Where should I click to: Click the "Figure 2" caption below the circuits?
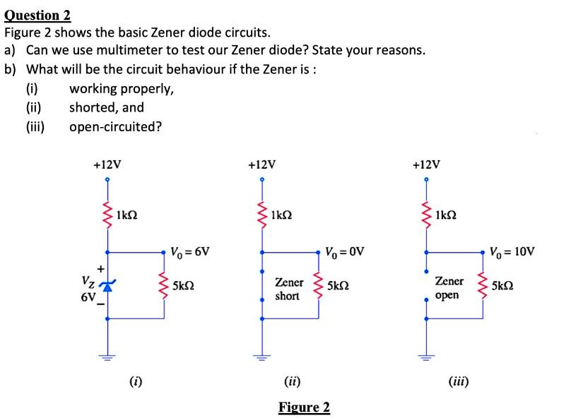pyautogui.click(x=304, y=407)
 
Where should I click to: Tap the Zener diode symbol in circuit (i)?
pyautogui.click(x=107, y=285)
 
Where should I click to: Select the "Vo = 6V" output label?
pyautogui.click(x=189, y=251)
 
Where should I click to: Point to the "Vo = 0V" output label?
pyautogui.click(x=344, y=251)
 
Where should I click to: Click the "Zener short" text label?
pyautogui.click(x=289, y=289)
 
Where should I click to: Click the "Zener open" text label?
pyautogui.click(x=450, y=288)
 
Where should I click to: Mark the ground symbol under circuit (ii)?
pyautogui.click(x=262, y=357)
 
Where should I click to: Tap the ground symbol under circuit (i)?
pyautogui.click(x=107, y=357)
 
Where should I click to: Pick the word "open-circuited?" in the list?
pyautogui.click(x=115, y=126)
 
